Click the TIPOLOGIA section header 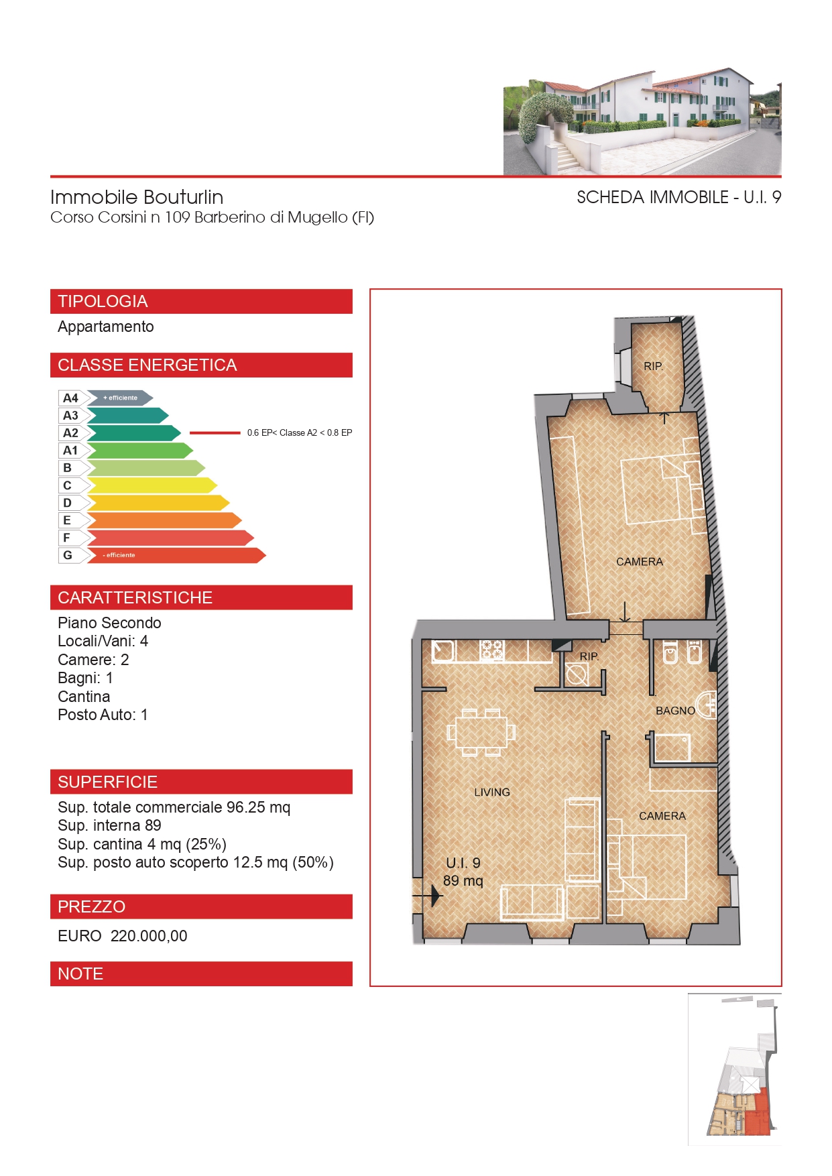coord(201,301)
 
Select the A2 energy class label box coord(71,433)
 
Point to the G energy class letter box coord(68,555)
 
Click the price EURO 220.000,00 coord(123,936)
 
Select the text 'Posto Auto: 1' coord(103,715)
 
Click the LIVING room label coord(492,792)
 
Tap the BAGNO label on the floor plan coord(675,711)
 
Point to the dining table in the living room coord(481,732)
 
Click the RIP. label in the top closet coord(653,366)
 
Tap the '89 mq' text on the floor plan coord(463,880)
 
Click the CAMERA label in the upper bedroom coord(640,562)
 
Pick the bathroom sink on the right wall coord(707,705)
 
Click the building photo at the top coord(642,121)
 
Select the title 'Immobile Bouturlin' coord(137,197)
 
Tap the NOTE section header coord(201,974)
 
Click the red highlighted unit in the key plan coord(758,1113)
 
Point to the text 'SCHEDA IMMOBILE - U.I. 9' coord(679,197)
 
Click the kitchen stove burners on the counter coord(491,650)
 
